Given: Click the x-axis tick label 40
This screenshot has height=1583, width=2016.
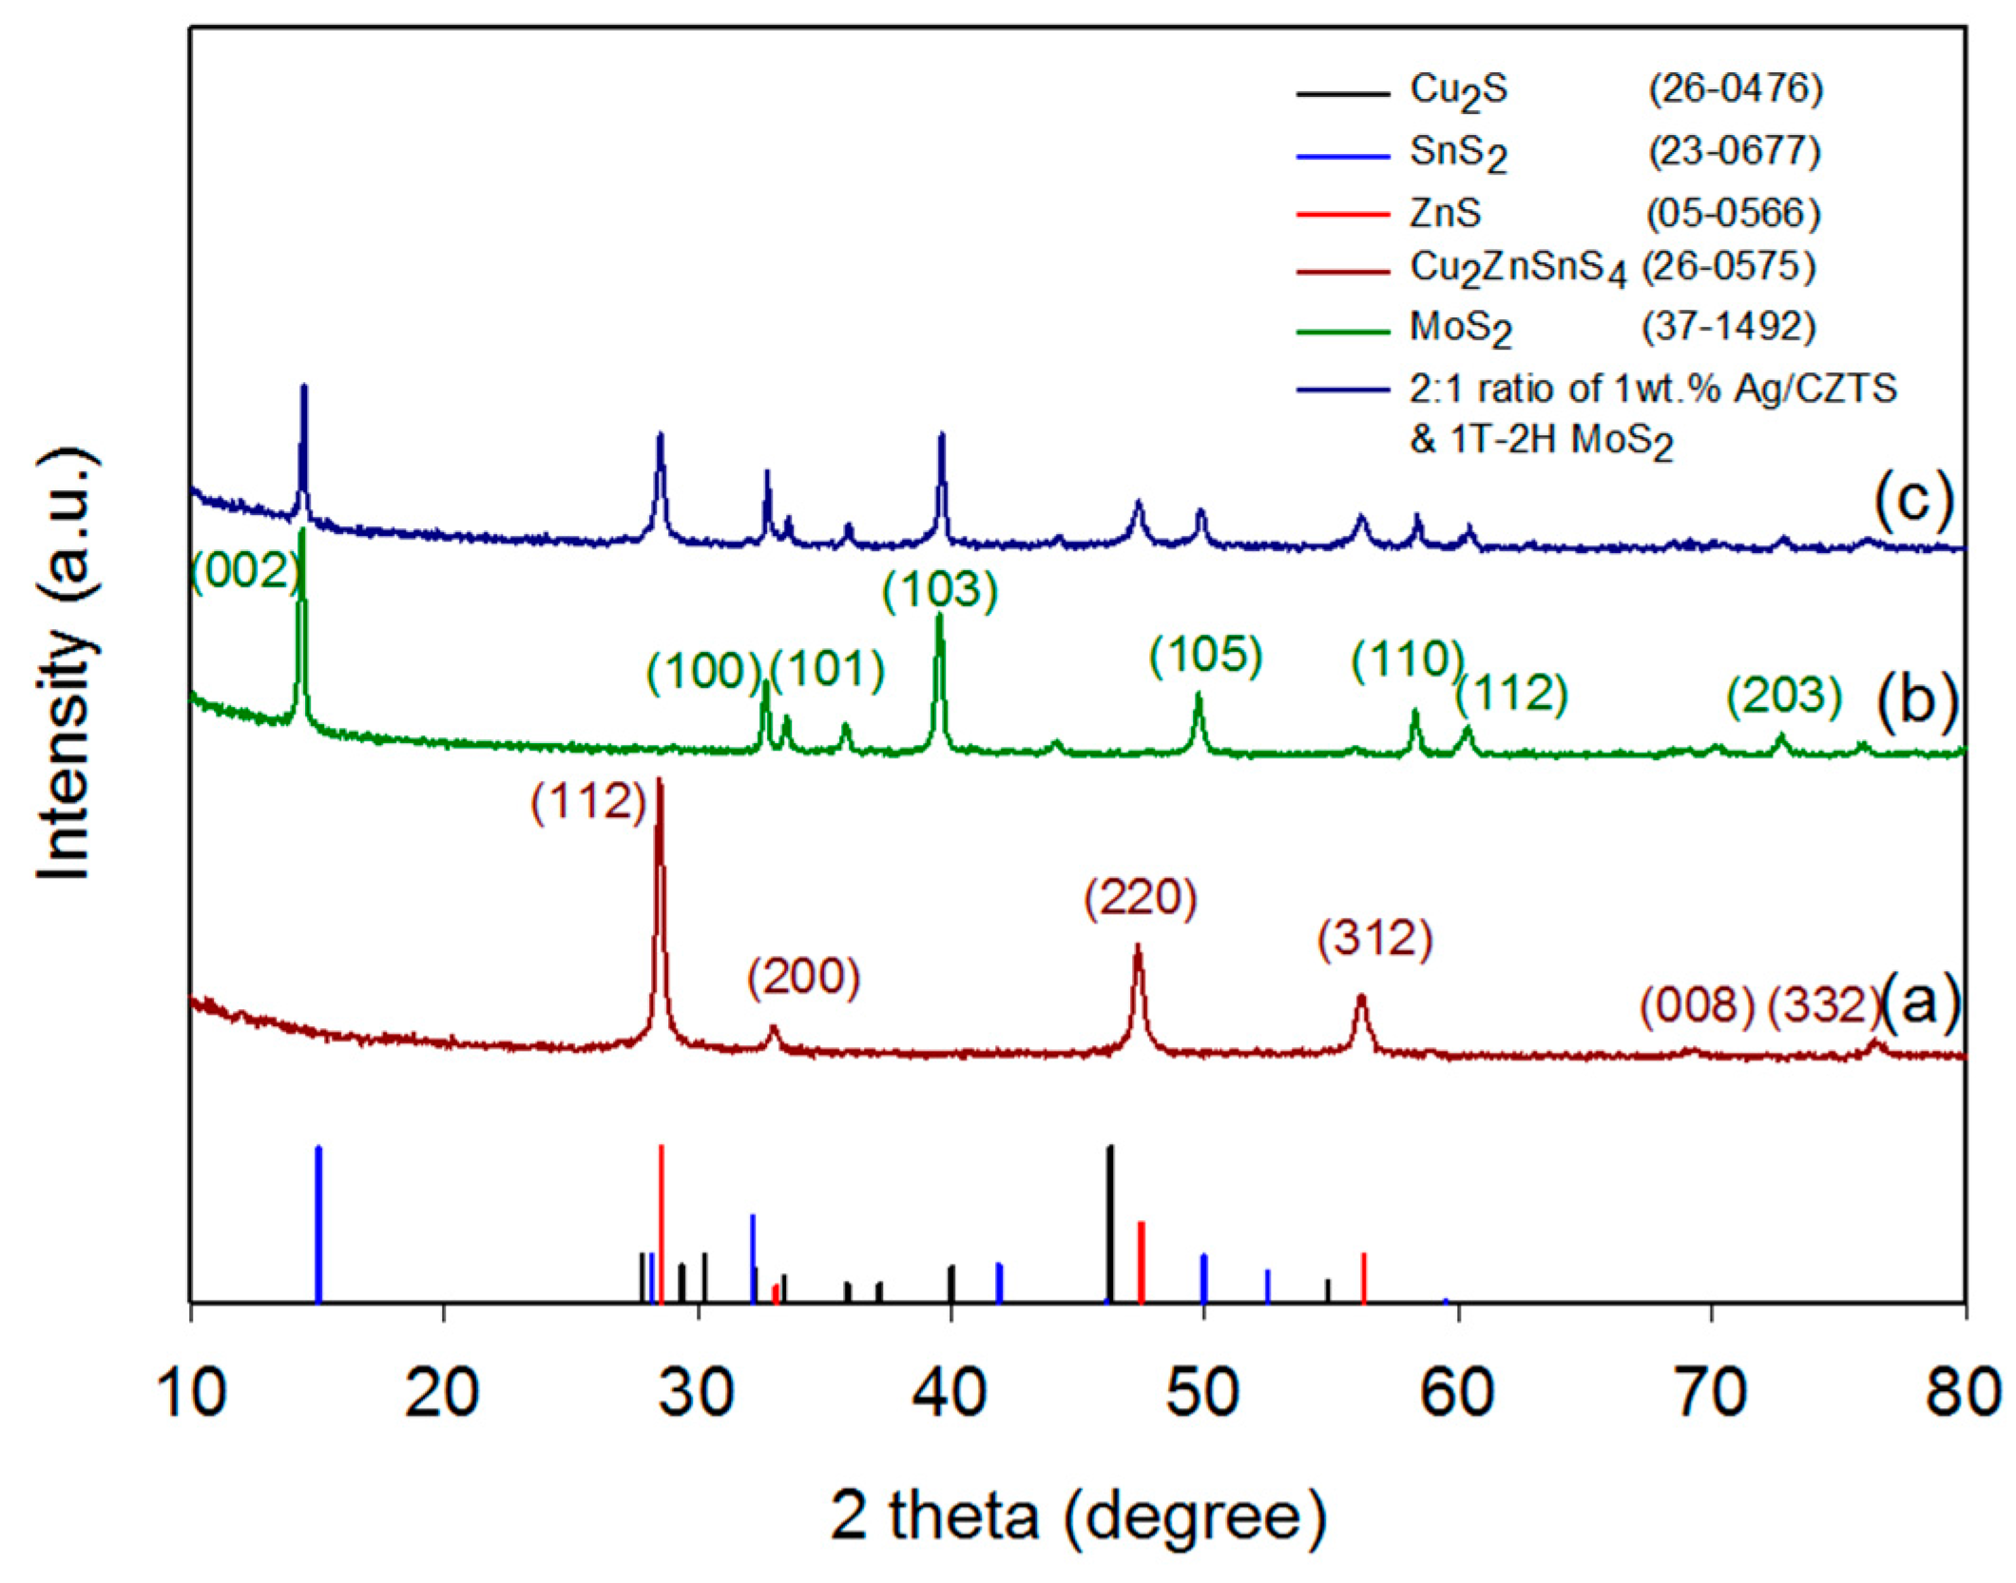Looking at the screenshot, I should click(950, 1394).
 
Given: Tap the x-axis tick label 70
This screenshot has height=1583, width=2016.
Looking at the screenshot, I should click(1710, 1394).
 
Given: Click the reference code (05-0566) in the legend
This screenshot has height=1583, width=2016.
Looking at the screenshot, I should click(1733, 213).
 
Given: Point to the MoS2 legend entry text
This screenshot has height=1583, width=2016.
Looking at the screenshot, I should click(1460, 329).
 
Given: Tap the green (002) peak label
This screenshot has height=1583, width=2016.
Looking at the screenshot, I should click(245, 571).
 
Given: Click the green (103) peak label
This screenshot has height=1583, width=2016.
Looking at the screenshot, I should click(940, 590).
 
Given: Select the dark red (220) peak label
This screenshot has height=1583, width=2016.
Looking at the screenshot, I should click(1141, 898).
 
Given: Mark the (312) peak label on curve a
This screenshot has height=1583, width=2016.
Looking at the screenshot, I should click(1374, 939).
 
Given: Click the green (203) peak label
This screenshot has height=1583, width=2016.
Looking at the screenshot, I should click(1784, 696).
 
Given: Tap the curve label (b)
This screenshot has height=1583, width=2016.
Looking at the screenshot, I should click(1916, 700).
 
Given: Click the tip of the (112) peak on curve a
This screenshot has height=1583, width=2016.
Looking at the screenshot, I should click(660, 781).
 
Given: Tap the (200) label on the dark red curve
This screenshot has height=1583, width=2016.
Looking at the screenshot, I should click(803, 978).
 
